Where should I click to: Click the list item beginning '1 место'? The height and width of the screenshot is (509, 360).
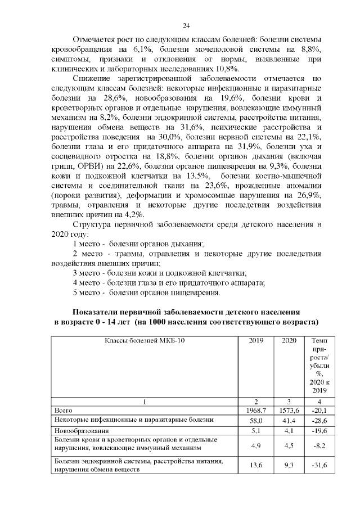click(139, 244)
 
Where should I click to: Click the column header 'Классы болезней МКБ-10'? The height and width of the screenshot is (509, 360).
click(145, 341)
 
